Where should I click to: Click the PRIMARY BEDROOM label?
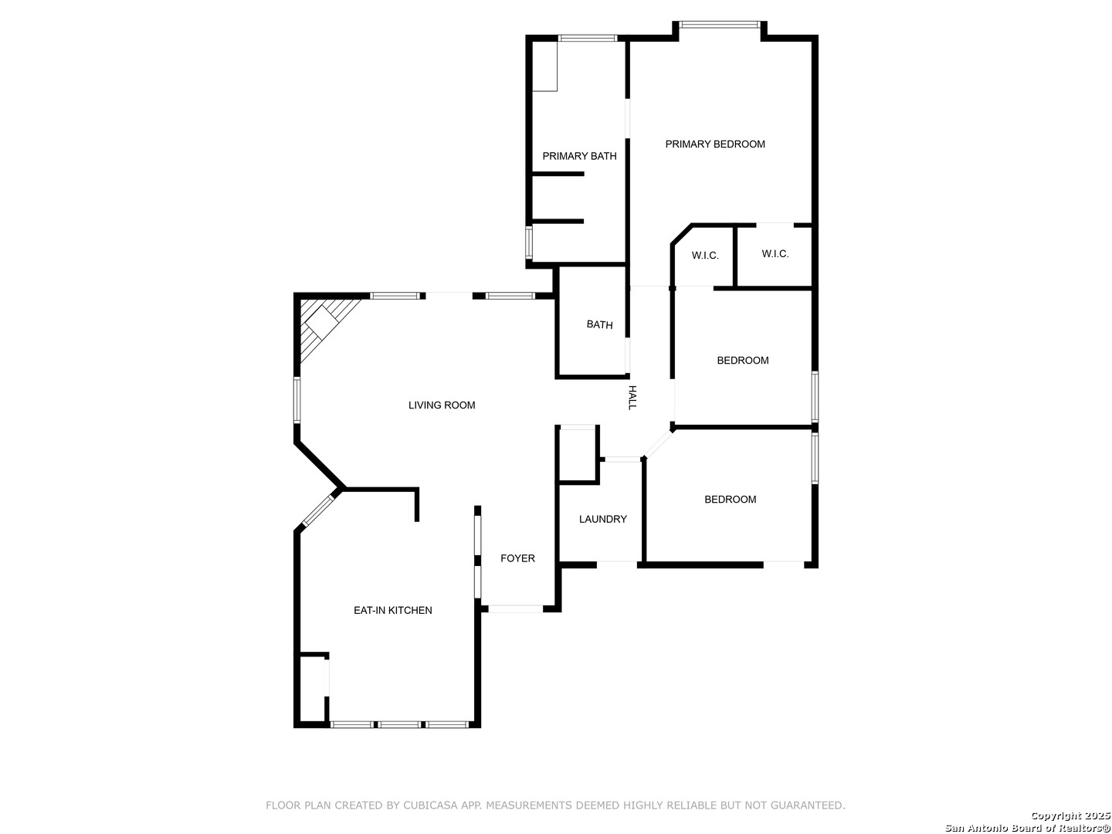[x=715, y=144]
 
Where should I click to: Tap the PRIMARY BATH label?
[x=579, y=156]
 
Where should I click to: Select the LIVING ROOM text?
[x=442, y=405]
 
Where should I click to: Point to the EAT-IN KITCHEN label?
[x=392, y=610]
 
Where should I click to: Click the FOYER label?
[x=517, y=558]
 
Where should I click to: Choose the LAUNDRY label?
[x=603, y=519]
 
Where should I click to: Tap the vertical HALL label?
[x=632, y=398]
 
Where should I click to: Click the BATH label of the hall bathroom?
[x=599, y=324]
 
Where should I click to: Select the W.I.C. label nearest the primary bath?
[x=705, y=256]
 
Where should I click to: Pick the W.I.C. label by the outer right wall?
[x=775, y=254]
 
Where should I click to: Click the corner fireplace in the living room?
[x=323, y=323]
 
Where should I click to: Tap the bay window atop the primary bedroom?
[x=720, y=24]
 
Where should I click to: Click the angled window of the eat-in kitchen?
[x=318, y=510]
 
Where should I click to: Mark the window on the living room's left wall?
[x=297, y=400]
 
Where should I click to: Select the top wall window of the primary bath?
[x=588, y=38]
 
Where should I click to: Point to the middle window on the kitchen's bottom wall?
[x=399, y=724]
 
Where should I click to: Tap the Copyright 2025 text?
[x=1070, y=815]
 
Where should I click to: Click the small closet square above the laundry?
[x=578, y=454]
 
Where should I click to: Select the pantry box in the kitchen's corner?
[x=312, y=689]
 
